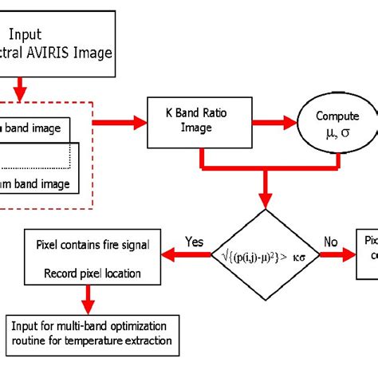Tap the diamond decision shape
click(x=266, y=254)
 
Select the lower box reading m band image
click(x=40, y=183)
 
